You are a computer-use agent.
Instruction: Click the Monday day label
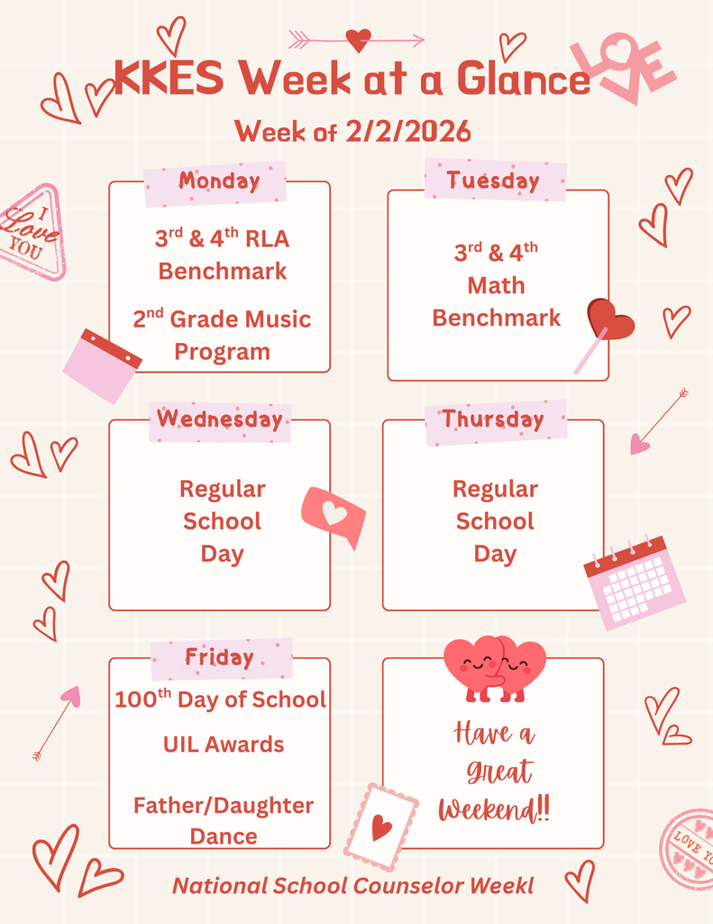click(219, 180)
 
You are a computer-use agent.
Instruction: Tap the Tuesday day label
click(493, 180)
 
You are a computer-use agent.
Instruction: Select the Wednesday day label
click(220, 419)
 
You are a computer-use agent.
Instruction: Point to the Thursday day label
click(493, 419)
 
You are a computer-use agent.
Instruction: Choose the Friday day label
click(219, 657)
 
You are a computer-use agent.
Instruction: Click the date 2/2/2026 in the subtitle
click(408, 131)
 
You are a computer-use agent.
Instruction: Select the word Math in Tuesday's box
click(496, 286)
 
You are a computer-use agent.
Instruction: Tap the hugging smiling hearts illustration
click(495, 669)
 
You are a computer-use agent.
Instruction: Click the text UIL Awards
click(224, 744)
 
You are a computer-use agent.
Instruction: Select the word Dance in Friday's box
click(224, 836)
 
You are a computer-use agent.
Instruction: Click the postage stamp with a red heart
click(381, 827)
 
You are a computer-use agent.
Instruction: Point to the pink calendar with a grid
click(635, 582)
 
